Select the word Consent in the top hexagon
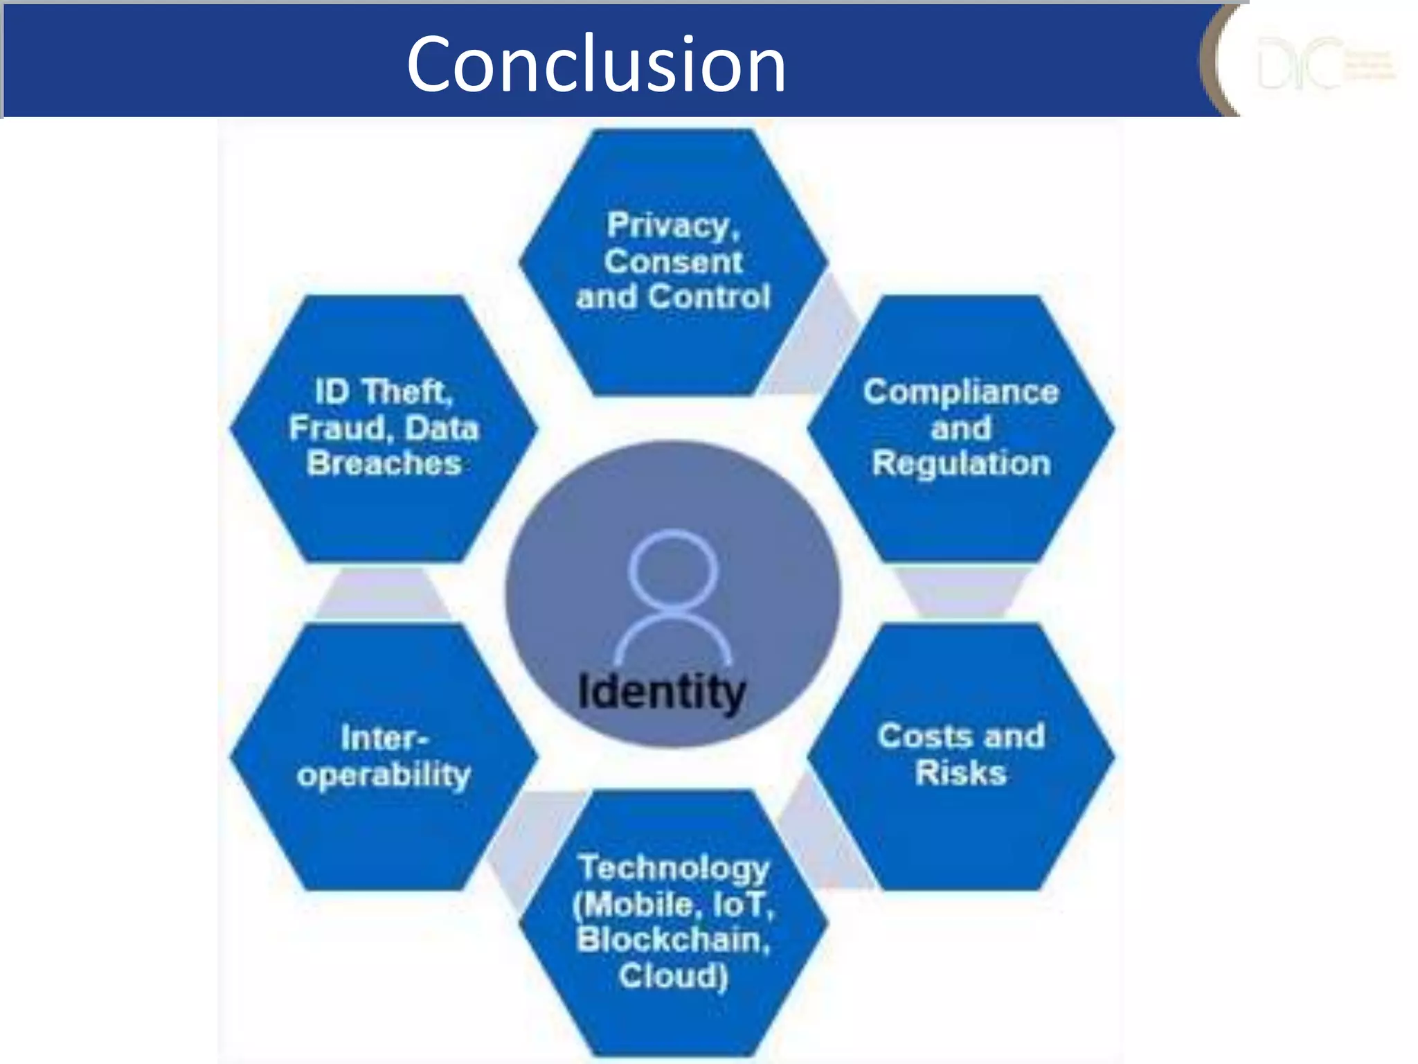(673, 262)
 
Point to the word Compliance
(960, 392)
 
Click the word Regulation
(961, 463)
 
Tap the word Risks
(960, 772)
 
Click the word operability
(384, 774)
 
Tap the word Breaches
(384, 463)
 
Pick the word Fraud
(339, 428)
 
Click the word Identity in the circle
(661, 692)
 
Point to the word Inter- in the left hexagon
(384, 738)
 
